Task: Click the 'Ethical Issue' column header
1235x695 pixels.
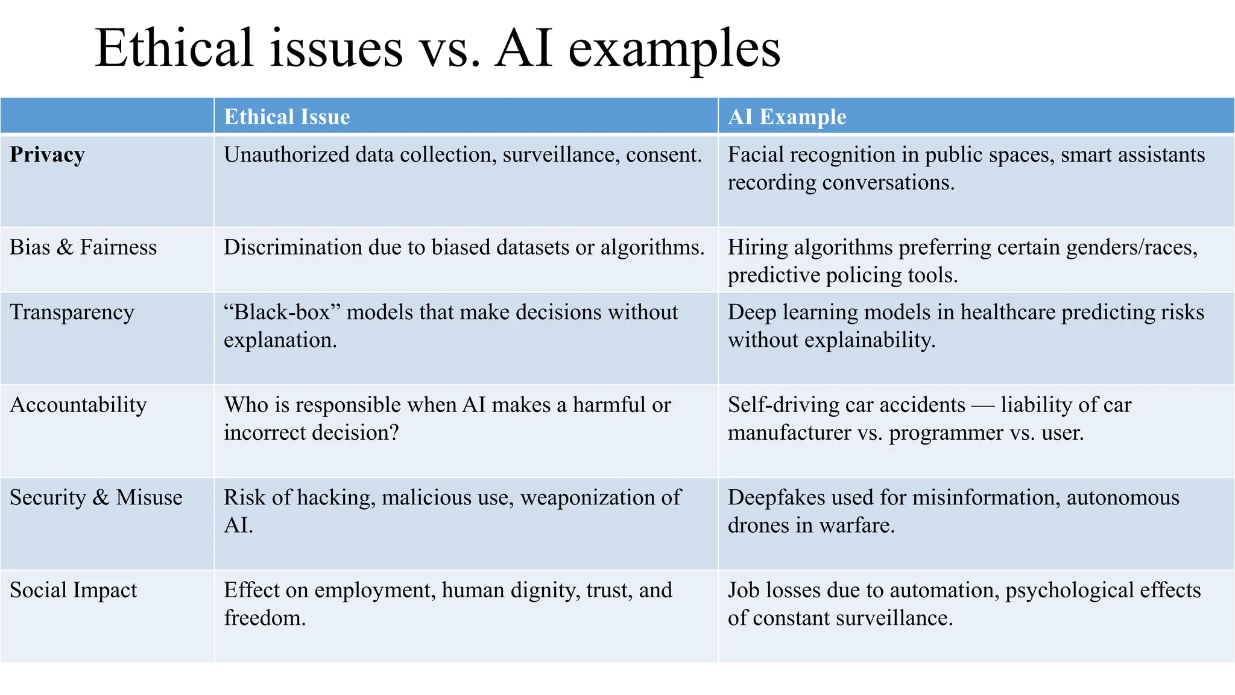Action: click(x=286, y=116)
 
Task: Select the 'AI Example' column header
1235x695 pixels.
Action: click(x=787, y=116)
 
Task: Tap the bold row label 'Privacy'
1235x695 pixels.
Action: click(x=47, y=155)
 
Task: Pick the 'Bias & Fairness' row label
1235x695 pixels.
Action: click(x=83, y=247)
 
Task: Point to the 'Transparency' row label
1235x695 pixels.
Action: click(x=72, y=313)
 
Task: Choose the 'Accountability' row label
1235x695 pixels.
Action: click(x=78, y=405)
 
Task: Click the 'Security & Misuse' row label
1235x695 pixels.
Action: click(x=96, y=498)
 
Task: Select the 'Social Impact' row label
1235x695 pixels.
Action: click(x=74, y=590)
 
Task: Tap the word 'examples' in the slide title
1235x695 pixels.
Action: click(x=674, y=49)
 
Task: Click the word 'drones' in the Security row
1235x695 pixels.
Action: click(x=759, y=525)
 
